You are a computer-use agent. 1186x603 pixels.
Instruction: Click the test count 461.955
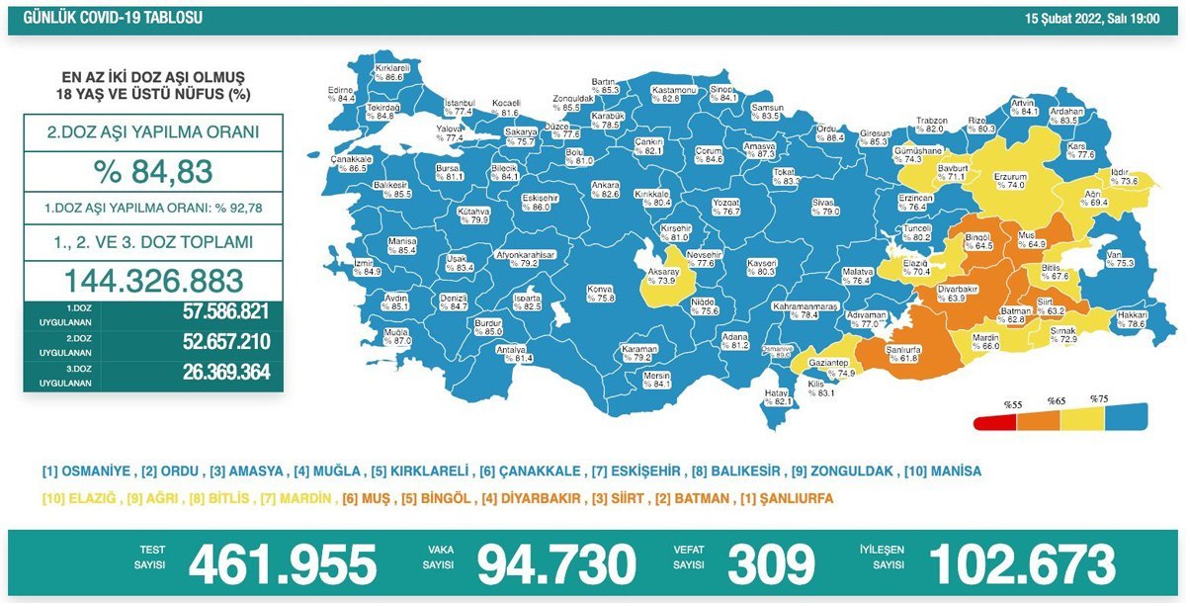283,564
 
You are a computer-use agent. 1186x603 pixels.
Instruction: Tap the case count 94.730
556,564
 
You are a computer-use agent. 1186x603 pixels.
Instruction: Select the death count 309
772,564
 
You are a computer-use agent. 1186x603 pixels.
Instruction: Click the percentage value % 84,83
153,172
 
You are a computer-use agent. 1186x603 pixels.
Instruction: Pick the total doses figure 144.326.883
153,279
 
